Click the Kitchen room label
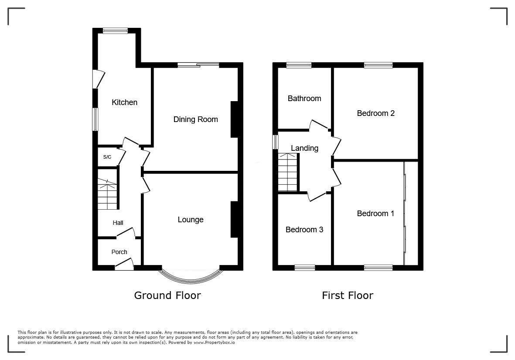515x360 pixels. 124,102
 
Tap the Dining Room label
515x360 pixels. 196,119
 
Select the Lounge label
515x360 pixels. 191,220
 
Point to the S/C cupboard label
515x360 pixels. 107,157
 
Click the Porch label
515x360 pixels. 119,252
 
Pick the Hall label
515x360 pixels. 118,223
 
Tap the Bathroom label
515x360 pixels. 304,98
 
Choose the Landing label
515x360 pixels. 304,148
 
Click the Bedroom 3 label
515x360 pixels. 304,230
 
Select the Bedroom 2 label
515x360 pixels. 376,113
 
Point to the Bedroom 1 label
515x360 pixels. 375,214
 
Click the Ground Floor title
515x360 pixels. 167,295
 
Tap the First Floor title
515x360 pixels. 348,295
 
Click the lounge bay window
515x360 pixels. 191,282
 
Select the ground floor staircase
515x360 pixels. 107,194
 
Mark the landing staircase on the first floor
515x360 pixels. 288,172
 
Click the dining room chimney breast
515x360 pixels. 234,119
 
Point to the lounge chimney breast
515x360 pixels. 234,219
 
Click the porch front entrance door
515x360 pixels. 124,264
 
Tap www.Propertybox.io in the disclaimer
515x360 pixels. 214,342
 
